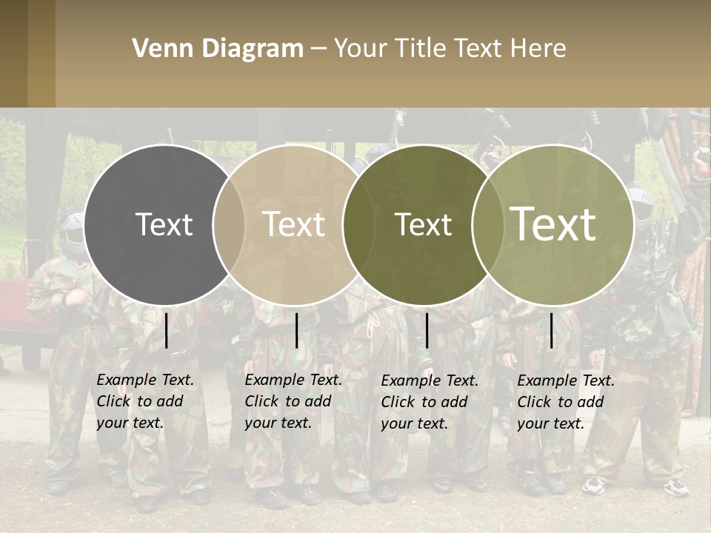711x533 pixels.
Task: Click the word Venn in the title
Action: click(157, 49)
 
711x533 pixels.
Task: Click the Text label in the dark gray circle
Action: click(164, 224)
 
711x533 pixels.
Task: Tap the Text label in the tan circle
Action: click(293, 224)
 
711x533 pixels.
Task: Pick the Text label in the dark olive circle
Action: click(423, 224)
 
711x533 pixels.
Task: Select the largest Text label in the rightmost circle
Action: click(553, 224)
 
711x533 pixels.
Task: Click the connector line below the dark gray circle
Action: click(167, 330)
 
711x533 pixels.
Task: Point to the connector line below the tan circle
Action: click(296, 330)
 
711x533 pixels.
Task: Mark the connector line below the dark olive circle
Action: click(427, 330)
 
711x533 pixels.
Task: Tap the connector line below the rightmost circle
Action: click(551, 330)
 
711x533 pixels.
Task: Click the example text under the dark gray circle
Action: click(145, 401)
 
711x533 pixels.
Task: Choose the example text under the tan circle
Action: click(293, 401)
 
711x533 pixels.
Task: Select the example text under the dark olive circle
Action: click(430, 402)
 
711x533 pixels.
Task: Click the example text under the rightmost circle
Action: click(566, 402)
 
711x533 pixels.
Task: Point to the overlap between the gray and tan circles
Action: click(229, 224)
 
